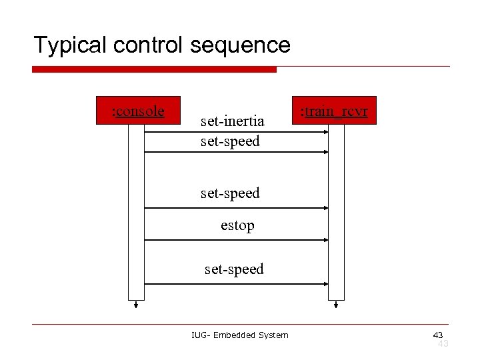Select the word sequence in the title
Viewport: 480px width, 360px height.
pos(241,45)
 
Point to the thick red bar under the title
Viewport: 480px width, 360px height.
pos(154,69)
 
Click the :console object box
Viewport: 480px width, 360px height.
pos(138,110)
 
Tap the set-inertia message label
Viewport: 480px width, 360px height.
pos(233,121)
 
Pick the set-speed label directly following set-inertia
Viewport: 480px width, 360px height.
pos(230,141)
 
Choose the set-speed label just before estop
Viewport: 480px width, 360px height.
pos(230,193)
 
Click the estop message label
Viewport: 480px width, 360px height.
pos(237,226)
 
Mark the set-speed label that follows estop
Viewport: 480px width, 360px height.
pos(234,269)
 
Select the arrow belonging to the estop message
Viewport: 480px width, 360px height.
pos(236,241)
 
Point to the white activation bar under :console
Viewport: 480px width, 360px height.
pos(136,213)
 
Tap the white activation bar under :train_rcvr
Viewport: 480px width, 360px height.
pos(336,213)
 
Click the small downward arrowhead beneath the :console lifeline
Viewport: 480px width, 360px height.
pos(136,306)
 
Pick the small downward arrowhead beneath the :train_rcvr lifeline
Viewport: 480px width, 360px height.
pos(336,306)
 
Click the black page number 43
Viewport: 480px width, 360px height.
pos(438,335)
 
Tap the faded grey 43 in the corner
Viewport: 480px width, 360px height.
pos(443,343)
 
